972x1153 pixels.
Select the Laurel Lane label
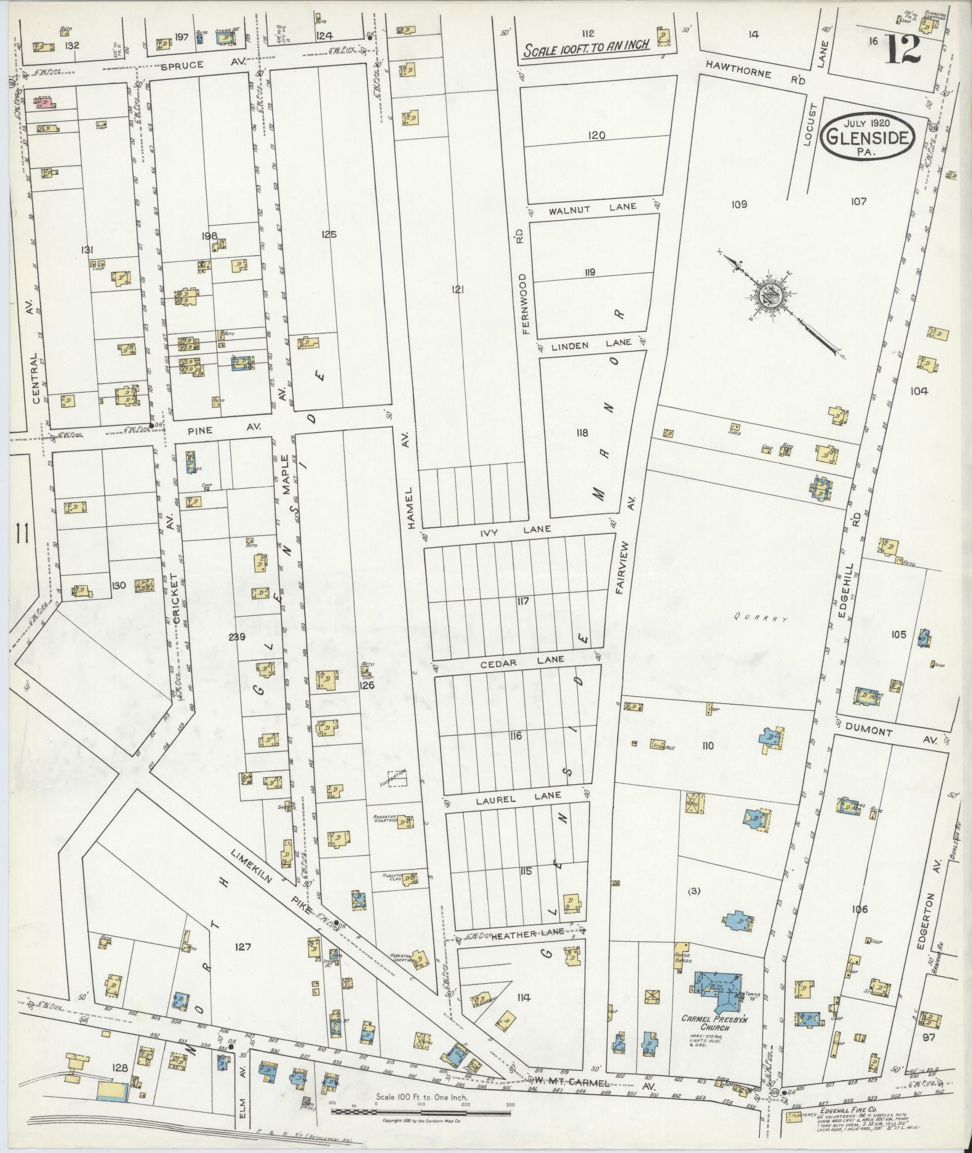click(518, 800)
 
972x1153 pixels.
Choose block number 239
click(237, 636)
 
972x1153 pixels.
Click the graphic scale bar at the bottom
click(421, 1110)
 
